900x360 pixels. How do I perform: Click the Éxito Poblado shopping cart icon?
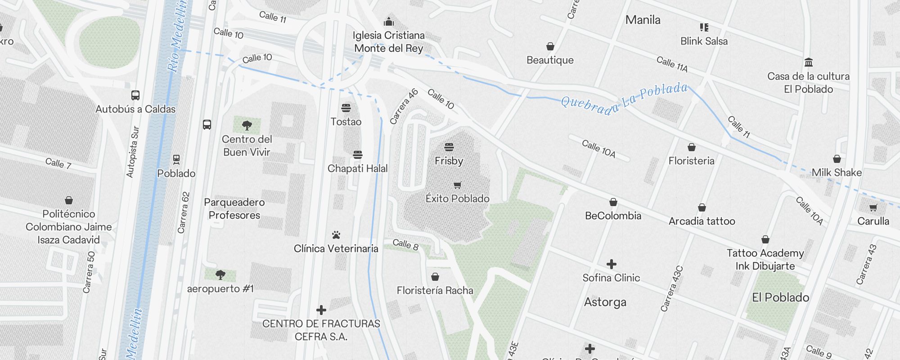(458, 185)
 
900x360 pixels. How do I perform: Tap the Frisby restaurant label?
(449, 161)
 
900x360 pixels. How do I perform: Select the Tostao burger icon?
(346, 108)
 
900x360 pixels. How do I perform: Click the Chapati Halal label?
(357, 168)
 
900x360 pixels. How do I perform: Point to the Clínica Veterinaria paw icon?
(336, 235)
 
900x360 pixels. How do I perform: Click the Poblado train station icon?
(176, 159)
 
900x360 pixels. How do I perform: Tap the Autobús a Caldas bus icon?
(135, 95)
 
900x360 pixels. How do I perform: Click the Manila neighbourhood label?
(643, 20)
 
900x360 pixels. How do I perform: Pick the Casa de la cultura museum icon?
(808, 62)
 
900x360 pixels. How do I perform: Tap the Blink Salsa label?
(704, 41)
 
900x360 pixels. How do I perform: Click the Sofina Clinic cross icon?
(611, 264)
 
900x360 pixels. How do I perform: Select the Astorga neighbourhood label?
(605, 302)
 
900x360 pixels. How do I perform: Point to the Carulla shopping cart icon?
(873, 207)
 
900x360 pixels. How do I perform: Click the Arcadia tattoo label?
(702, 221)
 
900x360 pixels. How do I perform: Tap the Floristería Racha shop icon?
(435, 277)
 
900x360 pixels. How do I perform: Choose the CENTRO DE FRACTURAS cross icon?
(321, 310)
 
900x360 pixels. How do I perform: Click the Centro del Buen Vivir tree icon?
(247, 126)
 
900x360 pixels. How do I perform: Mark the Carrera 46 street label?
(404, 107)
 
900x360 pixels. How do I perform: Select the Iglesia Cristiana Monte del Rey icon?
(389, 22)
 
